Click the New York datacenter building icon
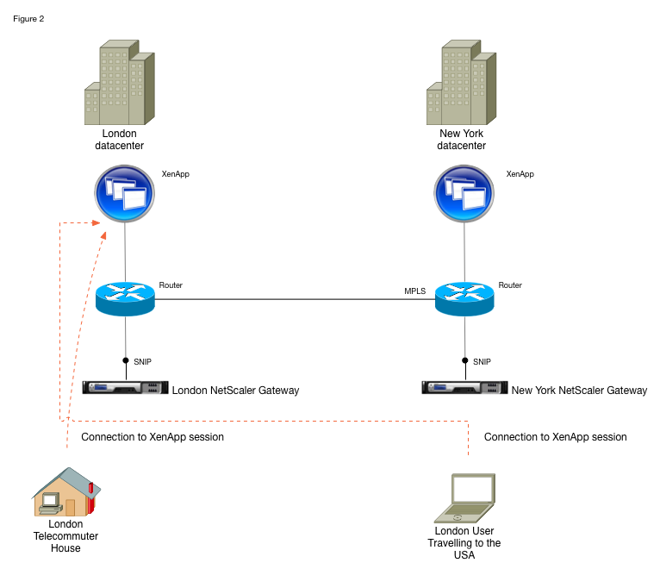[x=462, y=81]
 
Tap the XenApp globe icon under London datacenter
[x=126, y=193]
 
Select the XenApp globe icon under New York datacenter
[x=464, y=193]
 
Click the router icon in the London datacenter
[x=125, y=298]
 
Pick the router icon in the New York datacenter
[x=464, y=298]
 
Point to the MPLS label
[x=415, y=291]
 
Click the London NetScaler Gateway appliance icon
[x=125, y=388]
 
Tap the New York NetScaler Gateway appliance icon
[x=464, y=388]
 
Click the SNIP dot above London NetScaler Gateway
[x=126, y=360]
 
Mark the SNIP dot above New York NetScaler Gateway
[x=464, y=360]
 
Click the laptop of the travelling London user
[x=464, y=497]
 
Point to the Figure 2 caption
[x=29, y=19]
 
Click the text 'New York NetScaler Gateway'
[x=579, y=391]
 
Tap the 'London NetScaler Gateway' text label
[x=235, y=391]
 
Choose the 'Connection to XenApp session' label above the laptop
[x=555, y=437]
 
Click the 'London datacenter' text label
[x=119, y=140]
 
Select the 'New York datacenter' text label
[x=462, y=140]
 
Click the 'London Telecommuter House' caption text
[x=65, y=535]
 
